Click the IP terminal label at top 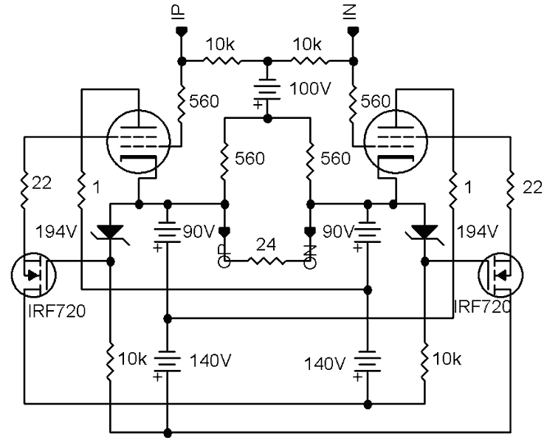coord(179,12)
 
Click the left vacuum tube coord(139,141)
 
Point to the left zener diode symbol coord(111,232)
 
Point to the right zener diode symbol coord(425,232)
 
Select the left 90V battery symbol coord(168,233)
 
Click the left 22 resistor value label coord(42,183)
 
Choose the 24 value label coord(266,244)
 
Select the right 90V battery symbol coord(367,233)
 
